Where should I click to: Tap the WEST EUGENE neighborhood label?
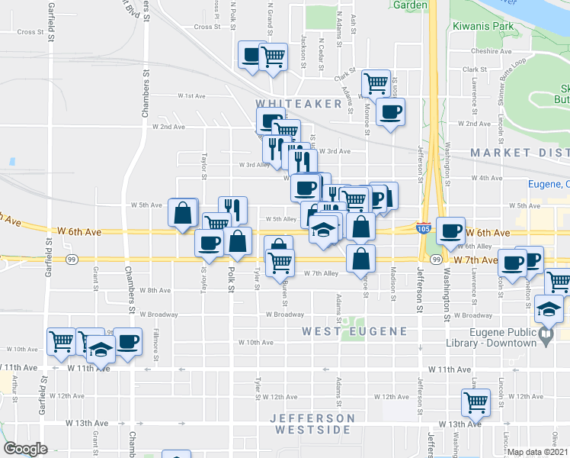point(348,331)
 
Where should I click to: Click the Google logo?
point(26,449)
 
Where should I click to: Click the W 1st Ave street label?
point(192,96)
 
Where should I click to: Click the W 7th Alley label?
point(321,273)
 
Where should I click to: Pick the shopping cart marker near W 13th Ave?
point(476,402)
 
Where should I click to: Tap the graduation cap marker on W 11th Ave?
point(99,348)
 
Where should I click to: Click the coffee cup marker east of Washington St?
point(452,230)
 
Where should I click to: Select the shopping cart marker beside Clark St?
point(375,83)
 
